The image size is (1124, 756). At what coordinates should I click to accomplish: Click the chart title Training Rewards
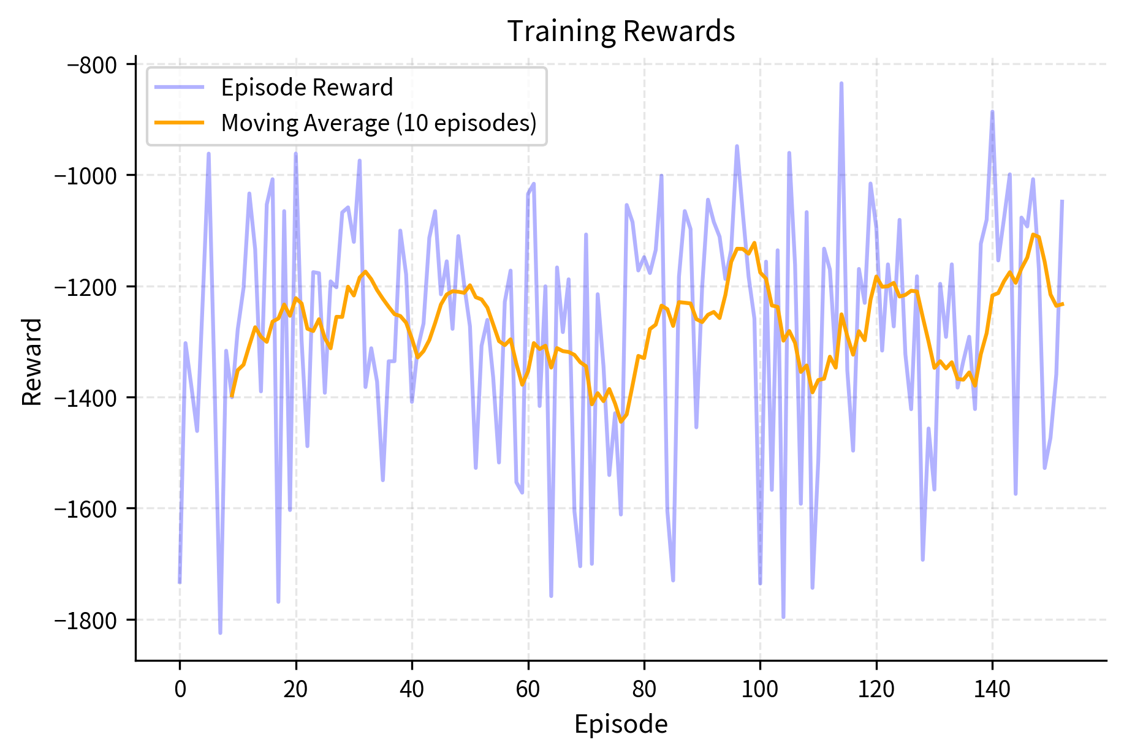[x=621, y=31]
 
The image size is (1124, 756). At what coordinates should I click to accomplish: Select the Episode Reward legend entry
[x=306, y=88]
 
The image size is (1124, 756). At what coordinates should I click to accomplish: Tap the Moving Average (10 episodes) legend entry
[x=378, y=123]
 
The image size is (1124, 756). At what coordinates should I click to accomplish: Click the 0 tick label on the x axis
[x=180, y=689]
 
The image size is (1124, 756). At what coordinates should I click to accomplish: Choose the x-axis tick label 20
[x=295, y=689]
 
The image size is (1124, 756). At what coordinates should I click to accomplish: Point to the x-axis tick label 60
[x=528, y=689]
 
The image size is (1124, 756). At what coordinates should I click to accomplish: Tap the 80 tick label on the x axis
[x=644, y=689]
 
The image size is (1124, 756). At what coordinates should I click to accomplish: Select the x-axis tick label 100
[x=760, y=689]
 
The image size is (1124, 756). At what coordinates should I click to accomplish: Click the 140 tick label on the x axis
[x=992, y=689]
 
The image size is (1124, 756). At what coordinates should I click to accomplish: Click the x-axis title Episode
[x=621, y=724]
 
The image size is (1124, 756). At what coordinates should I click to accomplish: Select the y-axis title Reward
[x=32, y=361]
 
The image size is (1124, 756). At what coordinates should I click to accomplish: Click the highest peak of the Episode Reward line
[x=841, y=83]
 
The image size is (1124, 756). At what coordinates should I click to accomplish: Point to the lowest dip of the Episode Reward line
[x=220, y=633]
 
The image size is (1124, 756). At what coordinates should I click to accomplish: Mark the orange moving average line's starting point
[x=232, y=397]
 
